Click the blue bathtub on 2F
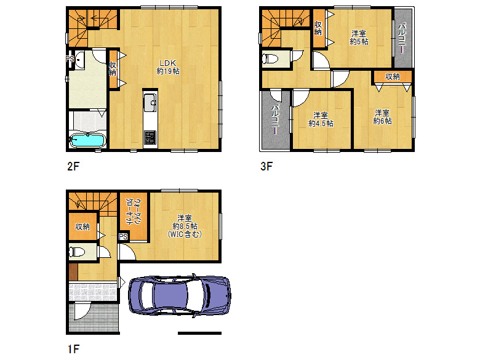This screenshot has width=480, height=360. pos(87,140)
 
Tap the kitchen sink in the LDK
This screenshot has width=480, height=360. pos(150,103)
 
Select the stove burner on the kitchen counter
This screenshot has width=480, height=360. pos(150,137)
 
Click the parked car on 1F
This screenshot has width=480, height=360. pos(180,295)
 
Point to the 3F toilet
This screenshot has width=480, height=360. pos(270,59)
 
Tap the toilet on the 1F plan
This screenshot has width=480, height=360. pos(76,252)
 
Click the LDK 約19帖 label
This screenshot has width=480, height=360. pos(168,67)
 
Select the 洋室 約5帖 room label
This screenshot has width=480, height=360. pos(359,38)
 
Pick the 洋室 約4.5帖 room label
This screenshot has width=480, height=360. pos(321,119)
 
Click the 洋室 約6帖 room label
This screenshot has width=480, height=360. pos(382,117)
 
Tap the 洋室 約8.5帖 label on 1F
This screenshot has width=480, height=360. pos(185,226)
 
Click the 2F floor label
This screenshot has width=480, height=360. pos(73,166)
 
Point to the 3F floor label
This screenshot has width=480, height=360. pos(266,166)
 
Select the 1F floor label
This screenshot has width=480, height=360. pos(73,349)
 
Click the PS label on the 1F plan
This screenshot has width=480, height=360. pos(123,237)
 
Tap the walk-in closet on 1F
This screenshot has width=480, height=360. pos(134,215)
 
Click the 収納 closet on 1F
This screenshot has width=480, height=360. pos(82,226)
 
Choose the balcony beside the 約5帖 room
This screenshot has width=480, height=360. pos(402,38)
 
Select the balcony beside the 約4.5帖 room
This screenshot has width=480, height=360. pos(276,120)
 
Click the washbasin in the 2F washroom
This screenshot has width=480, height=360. pos(79,59)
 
